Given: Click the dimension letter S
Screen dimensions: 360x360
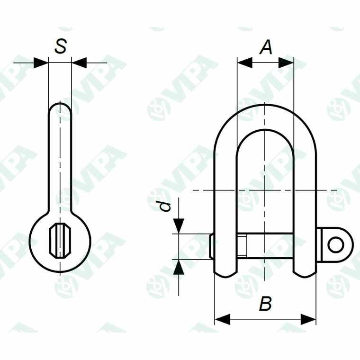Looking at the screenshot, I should [x=60, y=46].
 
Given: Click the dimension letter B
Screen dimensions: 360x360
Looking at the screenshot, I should [x=266, y=304].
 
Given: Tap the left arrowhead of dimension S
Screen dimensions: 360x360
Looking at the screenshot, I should [x=42, y=62].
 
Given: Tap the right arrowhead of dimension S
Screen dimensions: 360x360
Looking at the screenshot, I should [x=79, y=62].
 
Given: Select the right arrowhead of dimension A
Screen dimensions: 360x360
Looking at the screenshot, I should [x=287, y=62].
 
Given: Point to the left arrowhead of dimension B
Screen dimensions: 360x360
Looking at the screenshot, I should [x=222, y=319].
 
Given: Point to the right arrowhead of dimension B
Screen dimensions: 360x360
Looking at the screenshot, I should [x=309, y=319].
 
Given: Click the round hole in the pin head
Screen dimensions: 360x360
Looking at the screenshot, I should [x=336, y=245].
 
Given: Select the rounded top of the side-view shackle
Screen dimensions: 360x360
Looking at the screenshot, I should [x=60, y=107].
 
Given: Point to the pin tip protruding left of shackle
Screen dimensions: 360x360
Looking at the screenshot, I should [x=212, y=246].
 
